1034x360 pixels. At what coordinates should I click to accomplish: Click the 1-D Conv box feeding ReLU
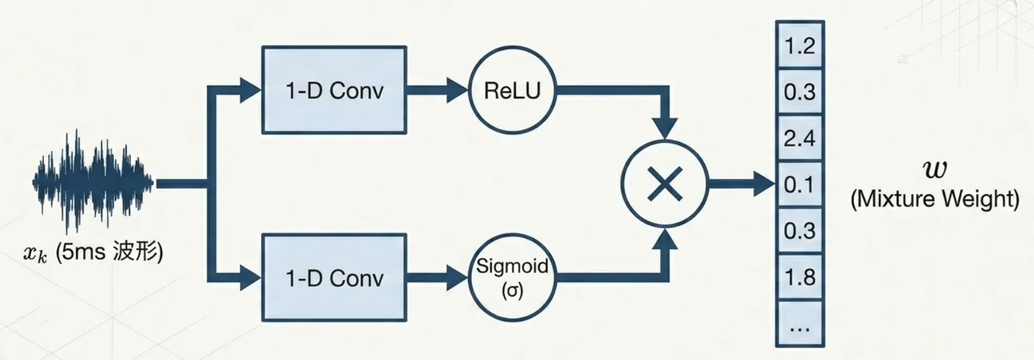coord(334,90)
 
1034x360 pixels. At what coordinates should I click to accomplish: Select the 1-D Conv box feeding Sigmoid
coord(334,278)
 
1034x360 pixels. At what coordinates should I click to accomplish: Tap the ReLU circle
coord(512,91)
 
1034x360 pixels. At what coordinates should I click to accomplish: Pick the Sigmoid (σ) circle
coord(512,278)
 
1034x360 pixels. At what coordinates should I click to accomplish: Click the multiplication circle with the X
coord(664,185)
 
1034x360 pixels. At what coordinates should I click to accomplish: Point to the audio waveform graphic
coord(93,183)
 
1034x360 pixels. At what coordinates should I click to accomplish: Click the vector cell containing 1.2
coord(799,46)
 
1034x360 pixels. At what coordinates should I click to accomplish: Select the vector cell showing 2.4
coord(799,138)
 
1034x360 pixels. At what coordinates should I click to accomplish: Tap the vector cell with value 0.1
coord(799,184)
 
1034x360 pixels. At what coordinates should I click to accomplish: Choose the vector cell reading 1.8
coord(799,277)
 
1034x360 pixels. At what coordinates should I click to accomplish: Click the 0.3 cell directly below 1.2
coord(799,92)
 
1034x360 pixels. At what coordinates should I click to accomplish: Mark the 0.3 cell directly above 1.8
coord(799,231)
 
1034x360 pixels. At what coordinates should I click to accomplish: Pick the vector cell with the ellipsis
coord(799,325)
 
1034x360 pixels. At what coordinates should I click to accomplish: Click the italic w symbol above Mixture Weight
coord(934,169)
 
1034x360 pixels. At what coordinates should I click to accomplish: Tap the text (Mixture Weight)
coord(934,199)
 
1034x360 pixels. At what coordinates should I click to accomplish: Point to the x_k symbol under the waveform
coord(35,253)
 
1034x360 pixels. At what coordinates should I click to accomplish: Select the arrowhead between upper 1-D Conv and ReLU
coord(457,91)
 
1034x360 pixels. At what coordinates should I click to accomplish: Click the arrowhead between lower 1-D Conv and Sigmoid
coord(457,278)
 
